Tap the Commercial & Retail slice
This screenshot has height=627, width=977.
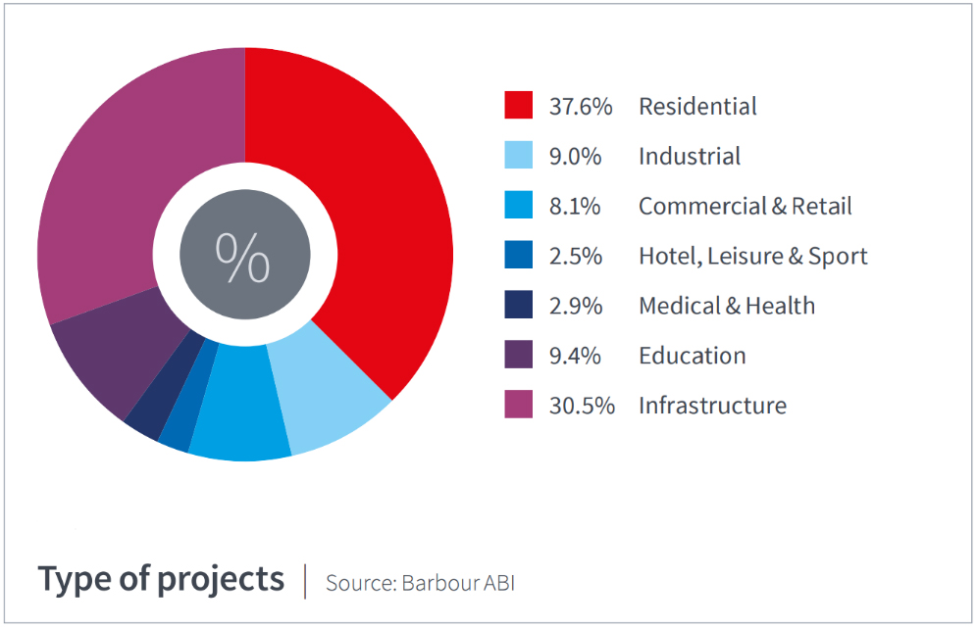point(241,405)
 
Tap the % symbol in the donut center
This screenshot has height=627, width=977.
point(242,257)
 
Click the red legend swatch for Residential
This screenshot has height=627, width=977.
point(518,105)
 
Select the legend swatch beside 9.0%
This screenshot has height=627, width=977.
point(518,155)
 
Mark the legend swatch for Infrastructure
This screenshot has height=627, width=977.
point(518,404)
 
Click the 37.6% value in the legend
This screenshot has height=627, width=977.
point(581,107)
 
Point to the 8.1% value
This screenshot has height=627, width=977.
point(575,206)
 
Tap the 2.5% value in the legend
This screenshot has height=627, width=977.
point(576,256)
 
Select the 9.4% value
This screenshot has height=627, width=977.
point(575,356)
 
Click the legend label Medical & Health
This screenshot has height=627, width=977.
point(727,306)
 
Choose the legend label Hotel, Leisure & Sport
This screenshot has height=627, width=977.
point(753,257)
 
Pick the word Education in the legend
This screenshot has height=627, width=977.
point(693,356)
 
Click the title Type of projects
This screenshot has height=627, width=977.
point(161,580)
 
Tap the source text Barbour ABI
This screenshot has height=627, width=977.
point(459,583)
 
